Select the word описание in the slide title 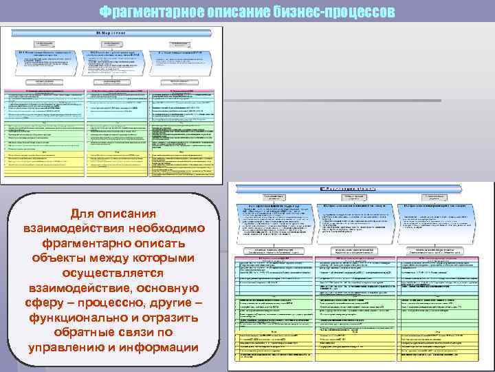pyautogui.click(x=230, y=12)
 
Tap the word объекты pyautogui.click(x=59, y=258)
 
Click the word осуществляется pyautogui.click(x=112, y=273)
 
